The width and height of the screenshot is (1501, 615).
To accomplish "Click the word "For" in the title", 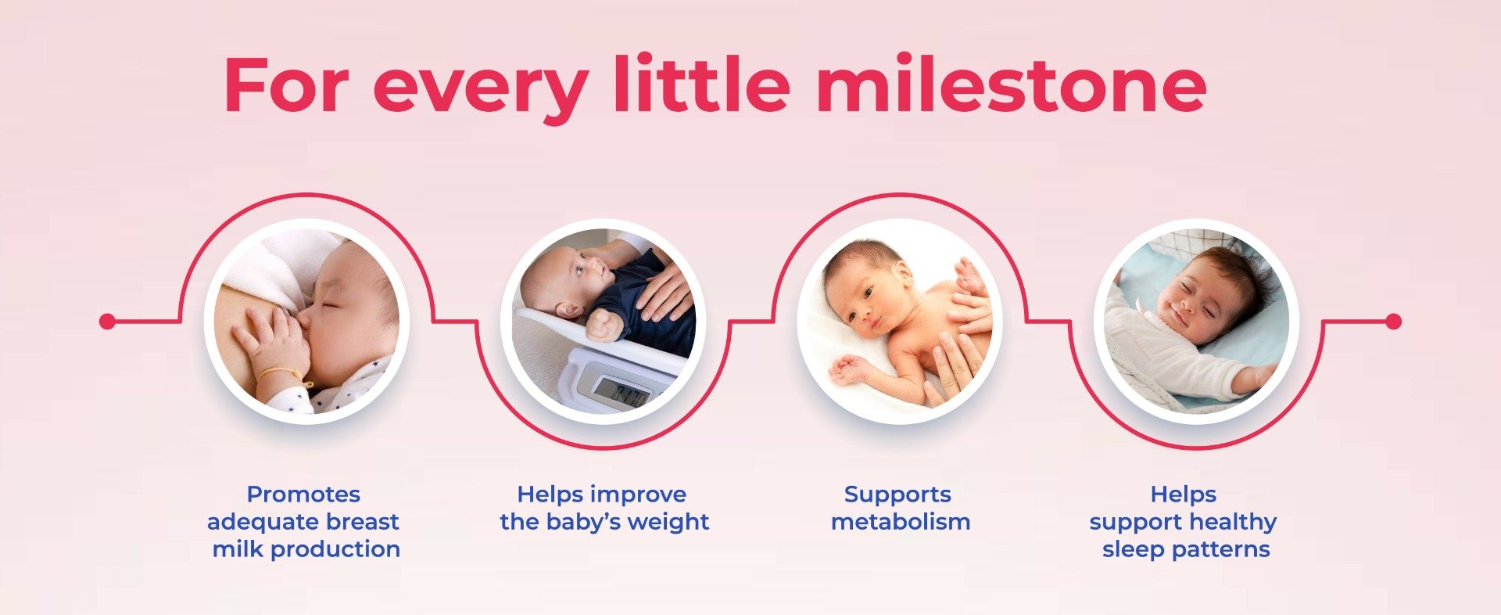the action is [285, 85].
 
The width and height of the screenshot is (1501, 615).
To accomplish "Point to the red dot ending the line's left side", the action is [108, 321].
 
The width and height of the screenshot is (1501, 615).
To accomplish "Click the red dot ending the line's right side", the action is [1393, 321].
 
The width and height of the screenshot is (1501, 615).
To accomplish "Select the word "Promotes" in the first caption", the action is [303, 495].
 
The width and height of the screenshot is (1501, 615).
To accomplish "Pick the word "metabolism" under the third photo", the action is [901, 522].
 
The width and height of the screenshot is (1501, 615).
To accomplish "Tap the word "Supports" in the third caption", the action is [897, 495].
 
